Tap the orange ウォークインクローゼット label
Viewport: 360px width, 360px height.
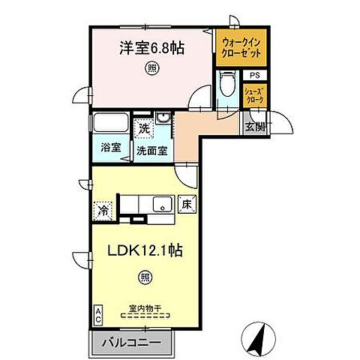(240, 49)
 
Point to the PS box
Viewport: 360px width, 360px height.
(255, 75)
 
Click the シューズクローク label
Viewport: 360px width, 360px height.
(255, 94)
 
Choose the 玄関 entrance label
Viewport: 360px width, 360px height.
(254, 126)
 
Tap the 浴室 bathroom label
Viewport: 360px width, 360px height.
(111, 147)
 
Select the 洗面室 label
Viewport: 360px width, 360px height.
(151, 148)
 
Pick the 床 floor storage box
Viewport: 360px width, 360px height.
(187, 203)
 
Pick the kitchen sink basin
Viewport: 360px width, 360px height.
(160, 204)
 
